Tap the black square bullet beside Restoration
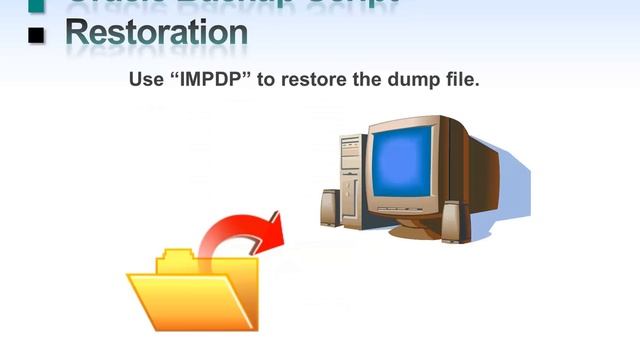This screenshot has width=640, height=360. (38, 36)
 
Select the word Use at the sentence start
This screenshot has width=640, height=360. (146, 78)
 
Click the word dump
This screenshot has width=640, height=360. (413, 78)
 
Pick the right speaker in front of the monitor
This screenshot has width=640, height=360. (452, 218)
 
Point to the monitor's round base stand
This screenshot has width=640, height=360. (414, 231)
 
